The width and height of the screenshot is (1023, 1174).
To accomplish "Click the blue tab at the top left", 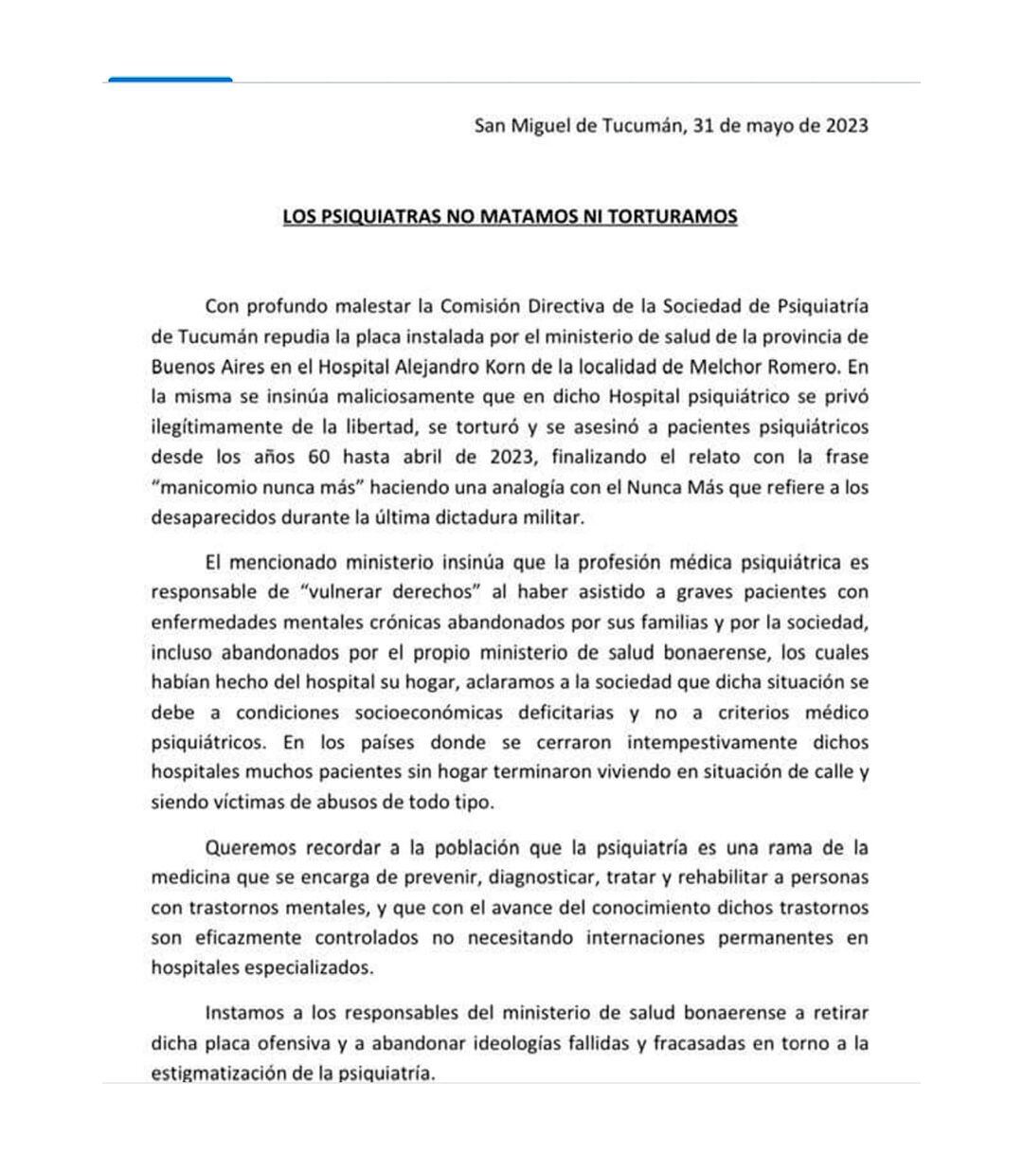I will coord(170,80).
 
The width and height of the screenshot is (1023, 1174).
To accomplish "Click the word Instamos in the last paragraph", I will coord(243,1013).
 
